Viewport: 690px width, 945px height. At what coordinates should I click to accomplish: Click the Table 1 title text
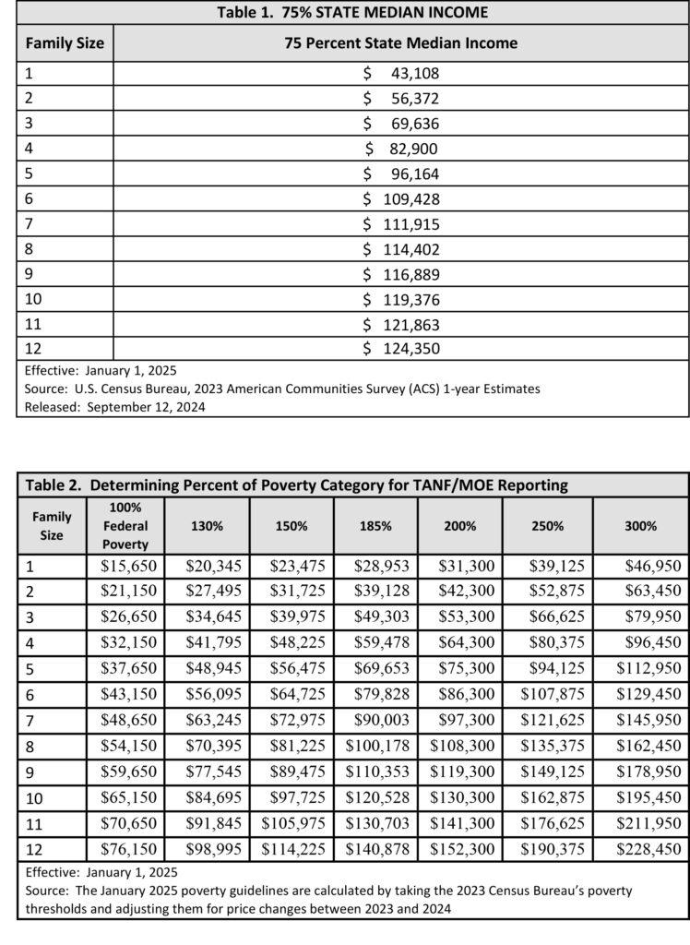351,13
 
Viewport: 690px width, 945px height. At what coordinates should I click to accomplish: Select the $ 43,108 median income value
401,74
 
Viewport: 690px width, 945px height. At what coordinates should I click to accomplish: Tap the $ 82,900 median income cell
401,149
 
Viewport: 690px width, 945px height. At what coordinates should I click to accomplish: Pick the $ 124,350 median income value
401,349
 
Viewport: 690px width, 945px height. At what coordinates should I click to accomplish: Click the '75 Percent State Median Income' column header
401,42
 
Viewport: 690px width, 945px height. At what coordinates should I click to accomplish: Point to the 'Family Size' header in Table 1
65,42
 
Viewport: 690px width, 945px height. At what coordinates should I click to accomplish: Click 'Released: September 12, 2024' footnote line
115,406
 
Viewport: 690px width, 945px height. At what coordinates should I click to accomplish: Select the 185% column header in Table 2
375,526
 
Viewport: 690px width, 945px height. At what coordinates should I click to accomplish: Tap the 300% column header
640,526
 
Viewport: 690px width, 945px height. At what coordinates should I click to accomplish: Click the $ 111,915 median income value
401,224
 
